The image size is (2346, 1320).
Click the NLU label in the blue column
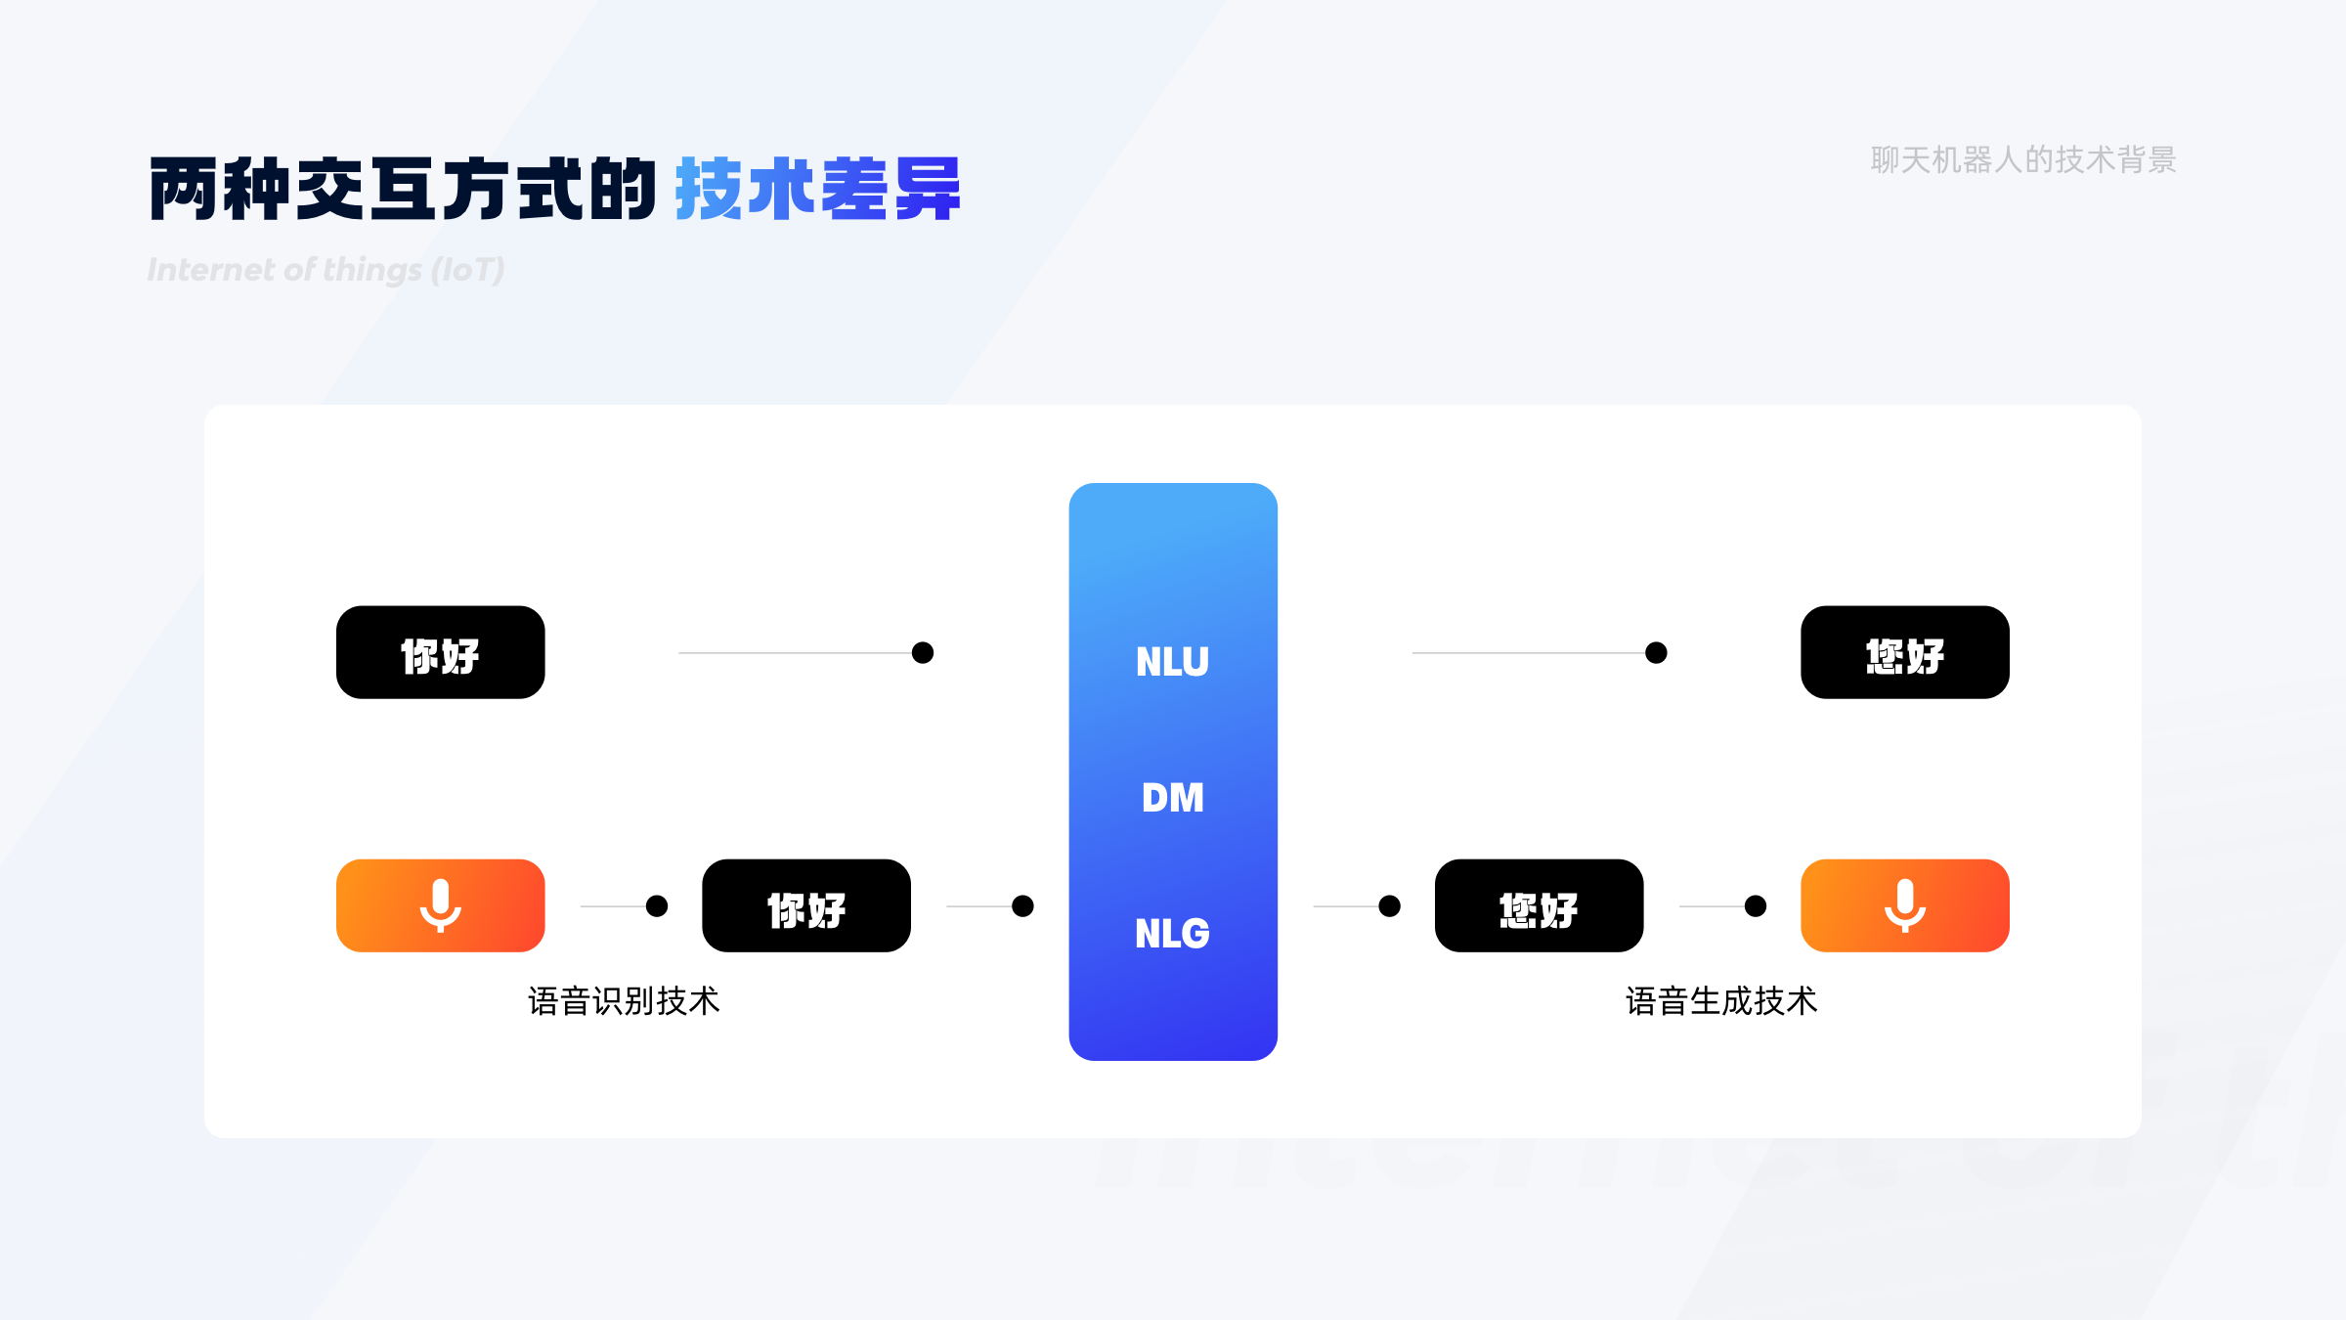click(x=1172, y=662)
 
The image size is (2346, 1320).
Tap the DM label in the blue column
click(x=1172, y=798)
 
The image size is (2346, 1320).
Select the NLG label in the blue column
click(x=1172, y=934)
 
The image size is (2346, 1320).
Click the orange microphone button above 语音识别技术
click(x=440, y=905)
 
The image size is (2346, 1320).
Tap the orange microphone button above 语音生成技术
click(x=1904, y=905)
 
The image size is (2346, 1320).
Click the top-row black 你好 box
click(x=440, y=652)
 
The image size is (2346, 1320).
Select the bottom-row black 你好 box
click(x=805, y=905)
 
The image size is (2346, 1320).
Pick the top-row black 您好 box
click(x=1904, y=652)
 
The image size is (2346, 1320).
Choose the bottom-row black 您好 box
click(x=1539, y=905)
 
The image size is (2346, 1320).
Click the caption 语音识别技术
click(x=624, y=1001)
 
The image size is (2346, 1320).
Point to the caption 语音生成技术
click(x=1721, y=1001)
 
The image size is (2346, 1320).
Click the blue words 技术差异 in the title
click(x=817, y=189)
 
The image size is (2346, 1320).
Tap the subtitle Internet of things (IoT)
click(x=326, y=270)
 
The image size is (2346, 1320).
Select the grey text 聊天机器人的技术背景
click(x=2022, y=159)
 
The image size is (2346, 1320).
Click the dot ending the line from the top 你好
click(x=922, y=652)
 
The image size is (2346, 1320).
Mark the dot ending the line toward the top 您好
click(x=1656, y=652)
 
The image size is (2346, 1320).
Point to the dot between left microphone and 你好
click(x=657, y=906)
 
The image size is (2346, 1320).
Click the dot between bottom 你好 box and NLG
click(x=1022, y=906)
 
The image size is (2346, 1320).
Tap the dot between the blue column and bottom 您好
click(x=1389, y=906)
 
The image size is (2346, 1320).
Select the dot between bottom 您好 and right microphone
click(x=1756, y=906)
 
